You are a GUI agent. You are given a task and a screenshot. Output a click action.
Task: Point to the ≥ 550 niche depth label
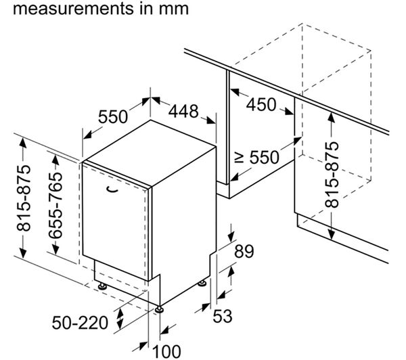coord(256,158)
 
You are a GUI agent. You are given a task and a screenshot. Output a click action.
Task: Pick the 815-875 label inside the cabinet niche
coord(332,175)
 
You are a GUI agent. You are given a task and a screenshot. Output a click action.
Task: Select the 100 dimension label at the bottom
coord(166,350)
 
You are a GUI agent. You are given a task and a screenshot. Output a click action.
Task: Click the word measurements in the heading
coord(65,10)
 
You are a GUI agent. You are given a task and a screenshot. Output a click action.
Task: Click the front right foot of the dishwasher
coord(160,309)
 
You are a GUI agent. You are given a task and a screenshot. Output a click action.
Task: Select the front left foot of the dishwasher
coord(103,287)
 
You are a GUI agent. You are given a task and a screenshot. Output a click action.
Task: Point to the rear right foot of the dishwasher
coord(202,281)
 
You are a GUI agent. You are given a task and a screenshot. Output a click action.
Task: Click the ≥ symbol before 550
coord(239,158)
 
